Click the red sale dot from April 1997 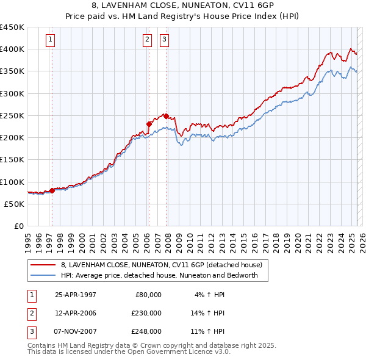point(52,190)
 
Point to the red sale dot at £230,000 point(148,124)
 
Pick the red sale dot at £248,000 point(166,116)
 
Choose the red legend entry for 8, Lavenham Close point(161,265)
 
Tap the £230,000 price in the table point(146,313)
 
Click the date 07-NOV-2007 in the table point(76,331)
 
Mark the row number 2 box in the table point(31,313)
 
